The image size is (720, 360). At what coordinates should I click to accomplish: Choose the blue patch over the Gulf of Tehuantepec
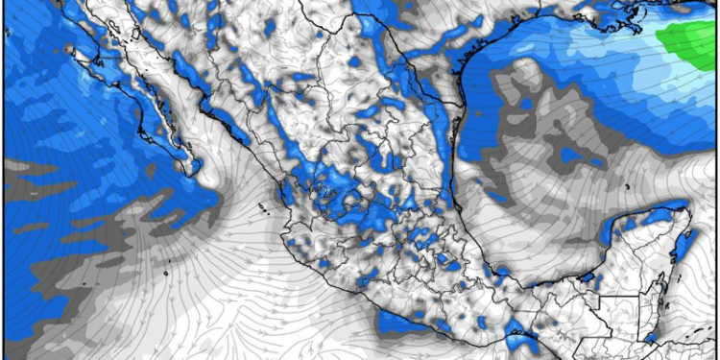[x=519, y=339]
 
